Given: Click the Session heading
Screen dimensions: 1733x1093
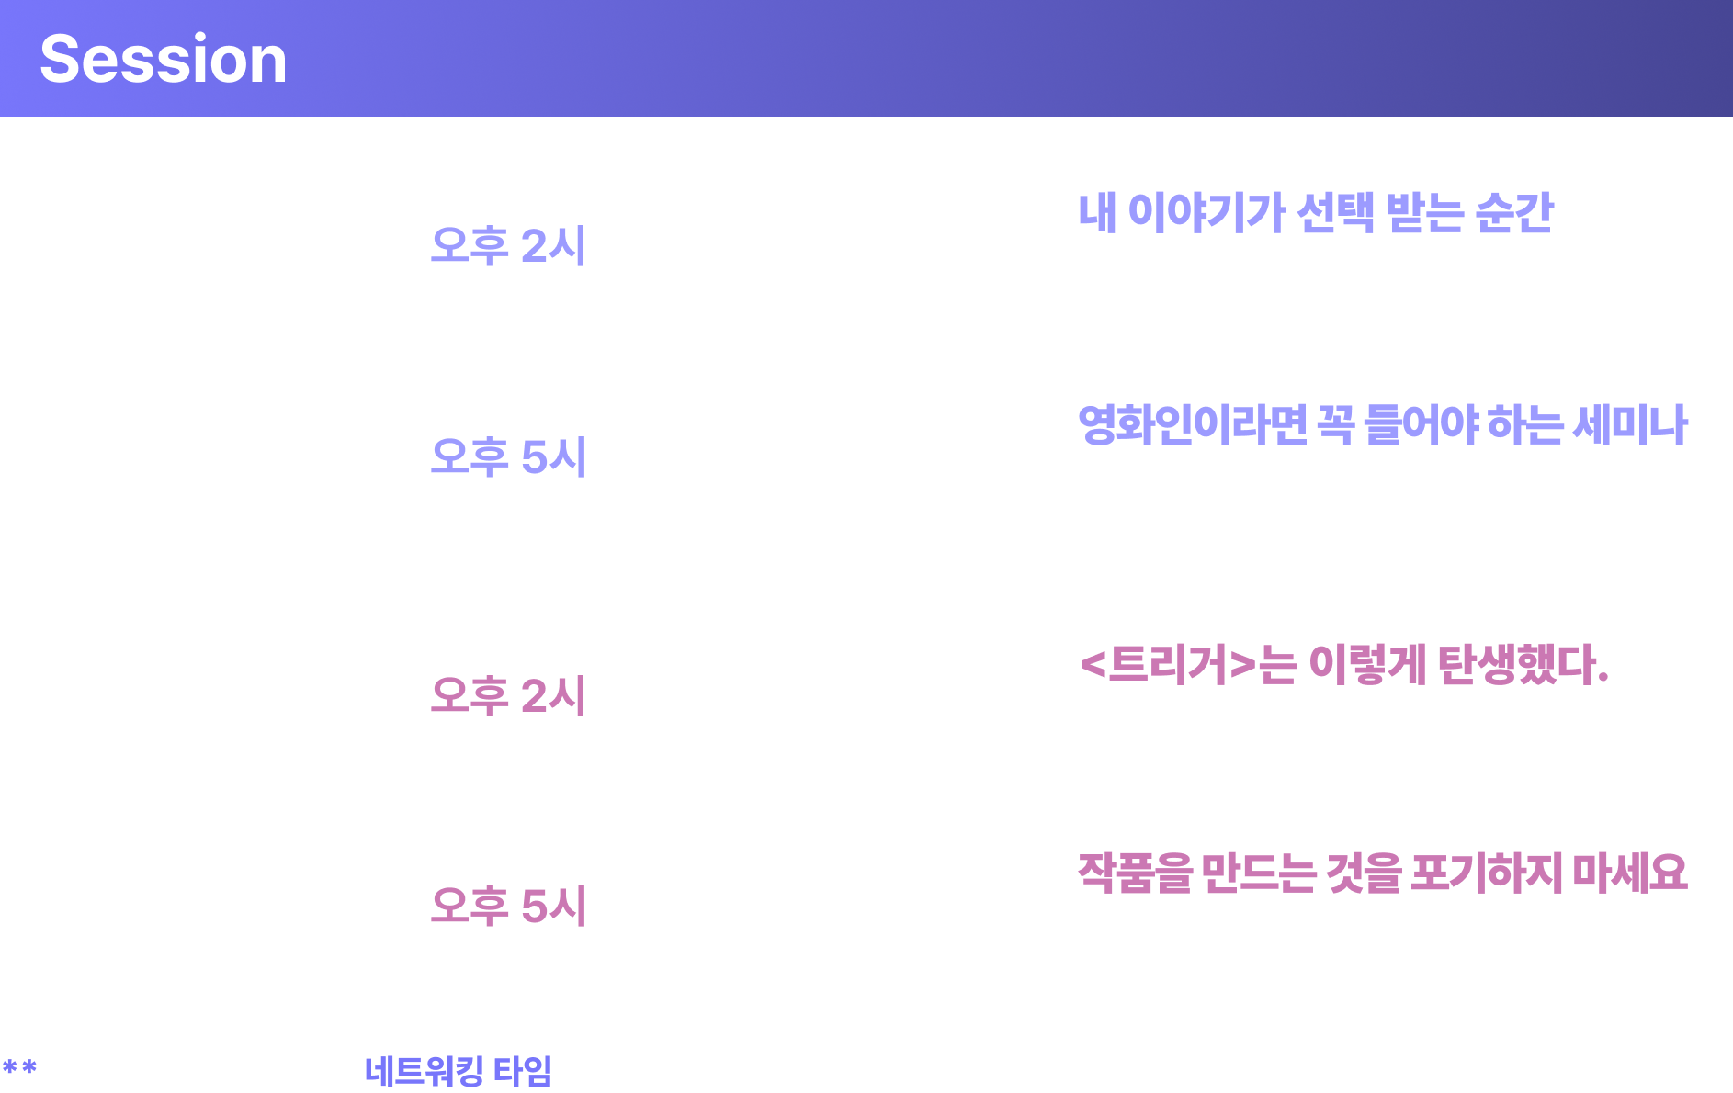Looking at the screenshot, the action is (164, 59).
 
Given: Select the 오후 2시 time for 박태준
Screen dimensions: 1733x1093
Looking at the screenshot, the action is (508, 246).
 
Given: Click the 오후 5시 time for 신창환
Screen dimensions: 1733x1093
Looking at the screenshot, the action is (508, 456).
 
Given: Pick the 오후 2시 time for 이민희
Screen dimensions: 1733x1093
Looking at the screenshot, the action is (508, 695).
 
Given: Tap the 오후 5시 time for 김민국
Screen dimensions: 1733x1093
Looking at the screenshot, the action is (508, 907).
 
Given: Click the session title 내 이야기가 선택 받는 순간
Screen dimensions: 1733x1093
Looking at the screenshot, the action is (1315, 213).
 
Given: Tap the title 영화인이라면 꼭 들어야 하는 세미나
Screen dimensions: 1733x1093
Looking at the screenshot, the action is (1382, 424).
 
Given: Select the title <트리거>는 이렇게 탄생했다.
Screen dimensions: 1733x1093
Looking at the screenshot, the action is (1343, 664).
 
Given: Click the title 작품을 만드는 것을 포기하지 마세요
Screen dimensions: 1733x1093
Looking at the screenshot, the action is (1382, 873).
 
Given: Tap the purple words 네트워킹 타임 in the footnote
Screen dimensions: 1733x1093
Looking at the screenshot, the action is (459, 1071).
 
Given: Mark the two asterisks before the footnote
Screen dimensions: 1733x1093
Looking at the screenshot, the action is (19, 1067).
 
